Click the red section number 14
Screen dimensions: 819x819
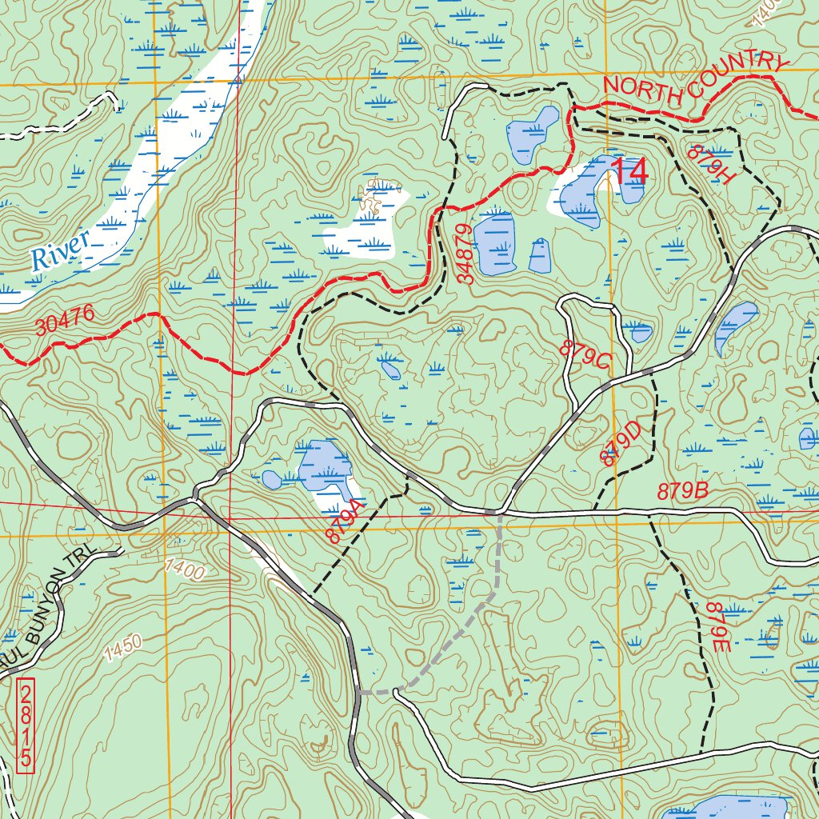629,170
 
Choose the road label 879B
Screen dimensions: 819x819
683,491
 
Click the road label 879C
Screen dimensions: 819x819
585,356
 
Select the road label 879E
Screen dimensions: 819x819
718,629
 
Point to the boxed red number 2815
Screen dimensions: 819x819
27,726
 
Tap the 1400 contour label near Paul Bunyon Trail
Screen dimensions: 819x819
185,569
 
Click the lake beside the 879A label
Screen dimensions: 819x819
324,468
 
